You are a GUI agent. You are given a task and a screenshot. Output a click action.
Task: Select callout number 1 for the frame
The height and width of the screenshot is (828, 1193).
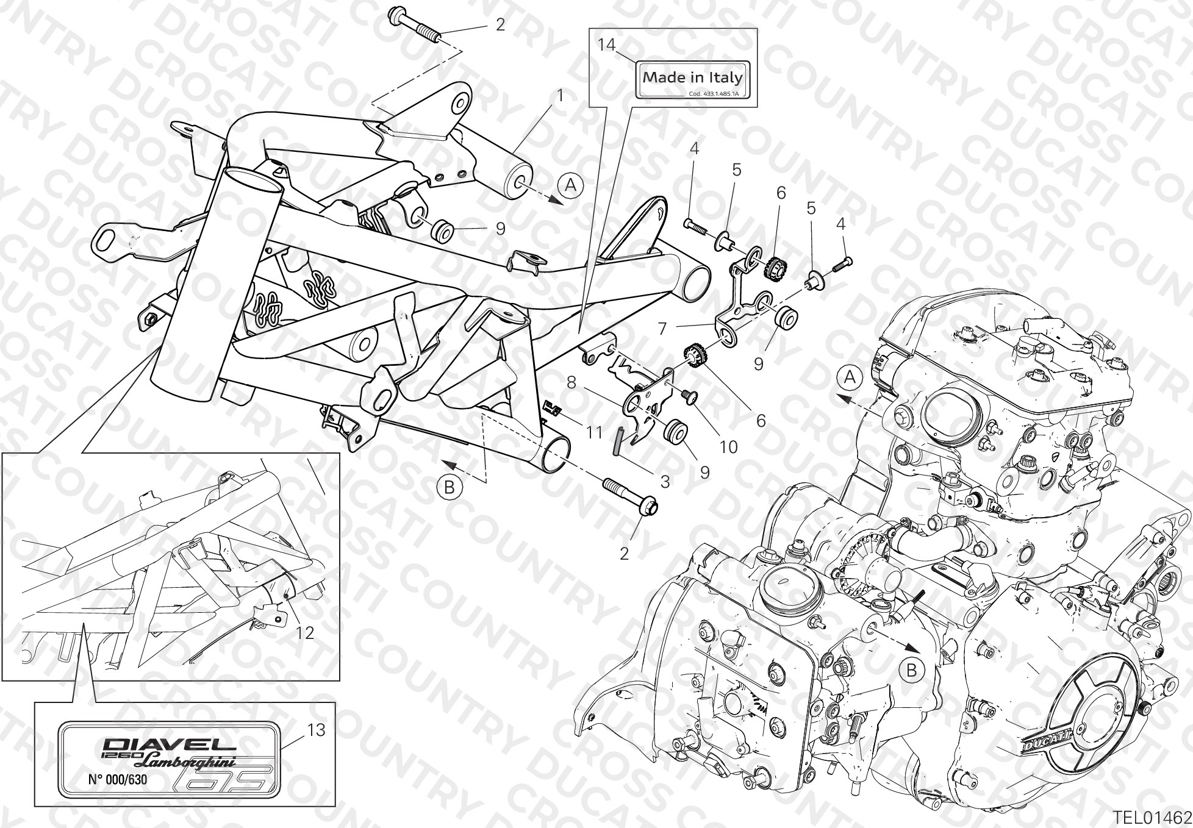[561, 96]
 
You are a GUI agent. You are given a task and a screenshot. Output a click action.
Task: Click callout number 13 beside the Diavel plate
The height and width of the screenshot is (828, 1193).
[317, 730]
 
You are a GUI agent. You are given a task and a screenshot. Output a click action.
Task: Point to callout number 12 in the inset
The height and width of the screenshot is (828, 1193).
[305, 633]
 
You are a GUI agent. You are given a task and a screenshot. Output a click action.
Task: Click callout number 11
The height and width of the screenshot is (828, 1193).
[594, 432]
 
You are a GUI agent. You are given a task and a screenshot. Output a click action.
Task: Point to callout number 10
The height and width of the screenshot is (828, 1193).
[728, 447]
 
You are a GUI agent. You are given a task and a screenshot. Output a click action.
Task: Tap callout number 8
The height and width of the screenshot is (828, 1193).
[571, 383]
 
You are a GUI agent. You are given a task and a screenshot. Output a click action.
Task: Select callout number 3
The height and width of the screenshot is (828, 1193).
[665, 482]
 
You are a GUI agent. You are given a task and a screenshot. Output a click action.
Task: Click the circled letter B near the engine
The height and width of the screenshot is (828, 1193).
[912, 671]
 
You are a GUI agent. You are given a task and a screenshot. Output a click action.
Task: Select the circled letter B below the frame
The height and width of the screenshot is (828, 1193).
[449, 487]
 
